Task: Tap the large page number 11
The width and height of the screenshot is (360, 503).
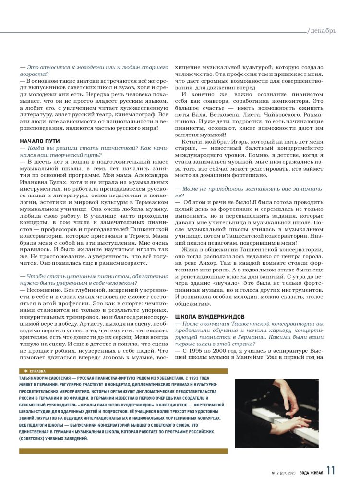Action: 331,471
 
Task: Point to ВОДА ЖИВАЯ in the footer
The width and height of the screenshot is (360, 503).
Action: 311,473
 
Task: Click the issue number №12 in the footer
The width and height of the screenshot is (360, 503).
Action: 276,473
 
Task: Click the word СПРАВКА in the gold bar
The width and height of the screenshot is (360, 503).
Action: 38,372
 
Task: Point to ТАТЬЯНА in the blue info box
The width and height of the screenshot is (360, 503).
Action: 30,379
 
